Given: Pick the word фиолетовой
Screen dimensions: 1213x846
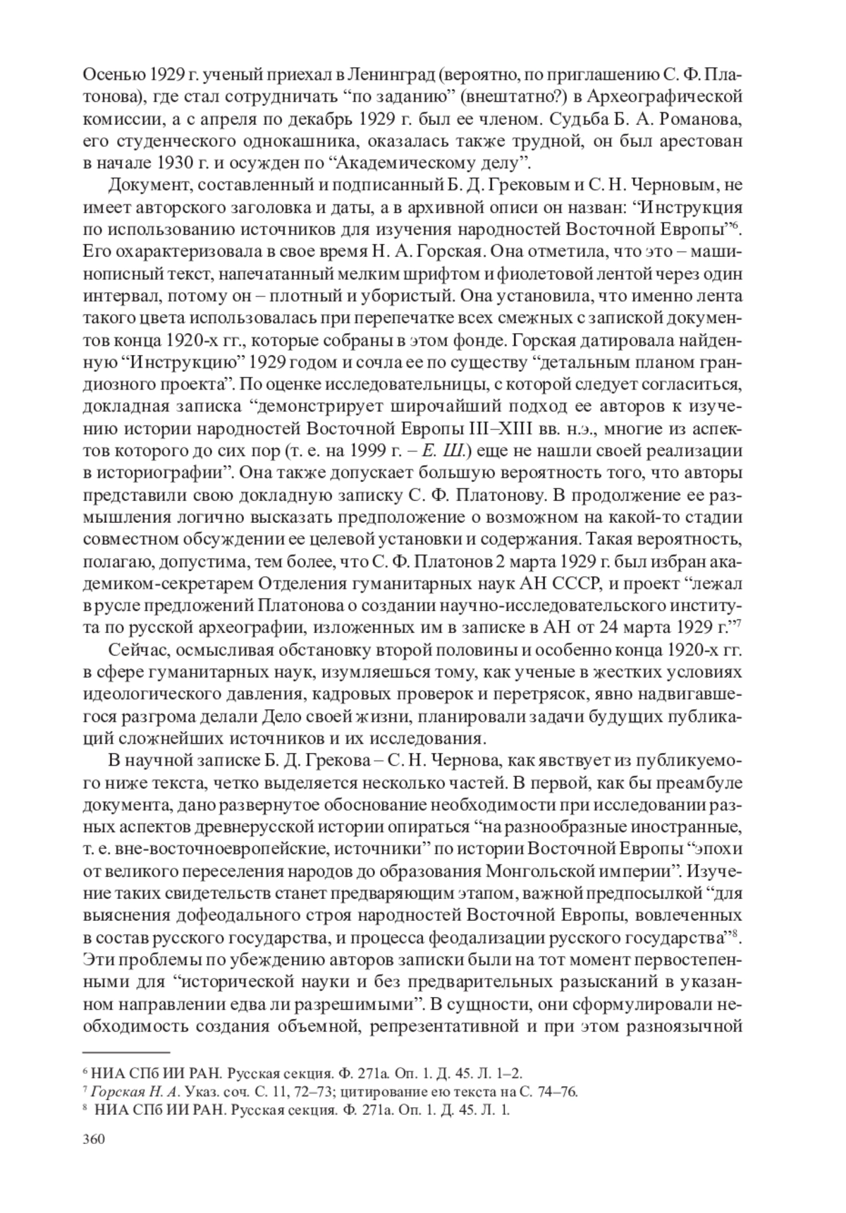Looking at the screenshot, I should click(x=516, y=275).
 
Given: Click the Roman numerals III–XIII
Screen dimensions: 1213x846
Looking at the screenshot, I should click(x=505, y=430).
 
